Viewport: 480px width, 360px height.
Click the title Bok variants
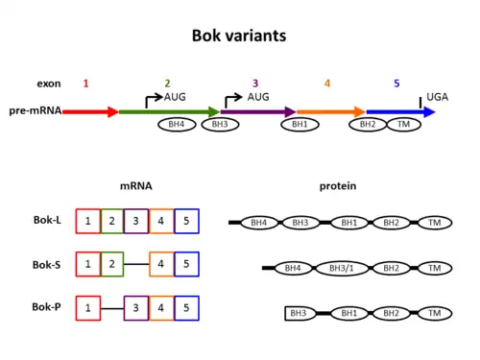[x=239, y=36]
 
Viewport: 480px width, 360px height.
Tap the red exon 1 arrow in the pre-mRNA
[x=90, y=112]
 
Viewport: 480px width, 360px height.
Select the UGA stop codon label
[x=437, y=97]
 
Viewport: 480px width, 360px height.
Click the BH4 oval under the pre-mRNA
[x=177, y=125]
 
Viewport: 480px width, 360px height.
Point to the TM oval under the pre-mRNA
[x=404, y=125]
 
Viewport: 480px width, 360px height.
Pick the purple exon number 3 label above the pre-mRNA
[x=255, y=84]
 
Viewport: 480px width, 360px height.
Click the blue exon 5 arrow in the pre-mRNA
[x=401, y=112]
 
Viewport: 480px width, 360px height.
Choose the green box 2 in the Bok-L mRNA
[x=112, y=221]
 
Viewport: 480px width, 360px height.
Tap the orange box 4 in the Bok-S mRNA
[x=161, y=264]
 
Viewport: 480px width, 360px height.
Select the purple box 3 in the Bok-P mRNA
[x=136, y=308]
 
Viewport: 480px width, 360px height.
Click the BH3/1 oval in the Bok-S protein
[x=342, y=268]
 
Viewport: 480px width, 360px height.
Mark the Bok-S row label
[x=47, y=265]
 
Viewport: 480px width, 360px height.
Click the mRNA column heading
[x=136, y=186]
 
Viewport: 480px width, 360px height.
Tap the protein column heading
[x=338, y=186]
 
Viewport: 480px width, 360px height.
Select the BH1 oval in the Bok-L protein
[x=349, y=223]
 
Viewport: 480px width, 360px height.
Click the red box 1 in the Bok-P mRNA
[x=88, y=308]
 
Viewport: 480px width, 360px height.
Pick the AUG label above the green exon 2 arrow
[x=175, y=97]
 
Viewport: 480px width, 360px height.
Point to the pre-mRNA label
[x=36, y=110]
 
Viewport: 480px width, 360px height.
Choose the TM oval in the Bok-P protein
[x=435, y=313]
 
